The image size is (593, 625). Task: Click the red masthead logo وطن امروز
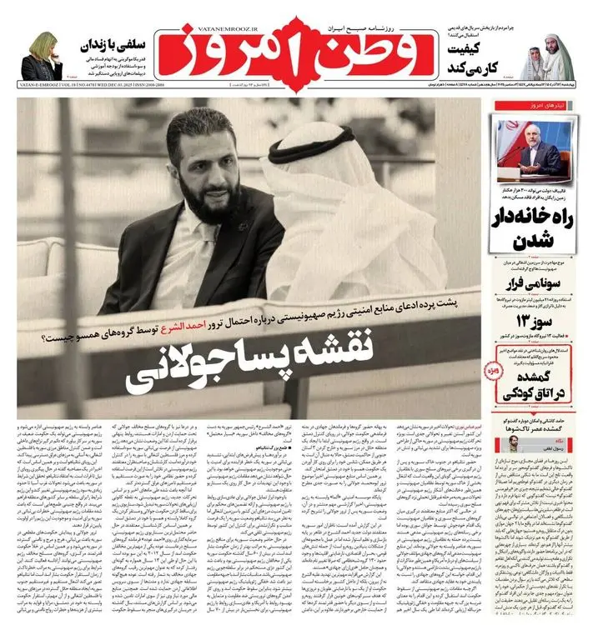(x=295, y=48)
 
